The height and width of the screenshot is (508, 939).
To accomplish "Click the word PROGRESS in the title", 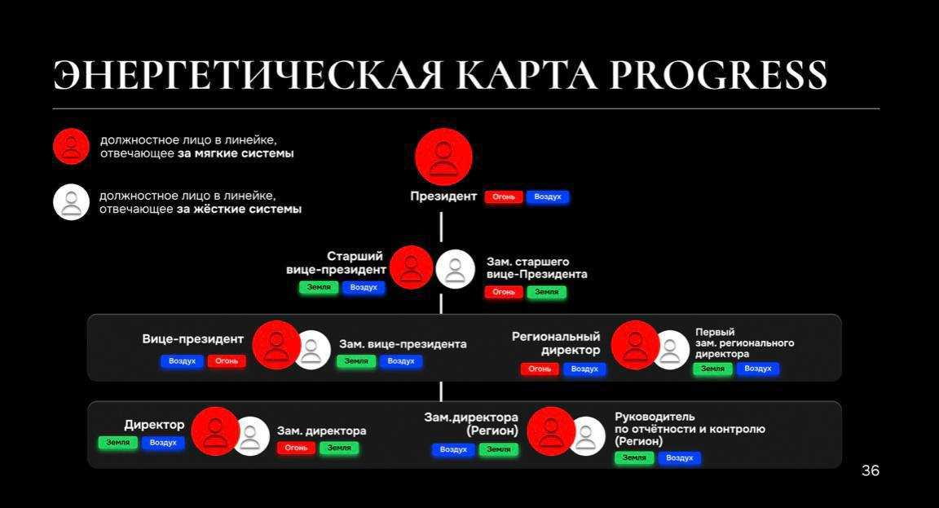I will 718,75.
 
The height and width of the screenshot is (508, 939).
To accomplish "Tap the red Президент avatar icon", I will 443,157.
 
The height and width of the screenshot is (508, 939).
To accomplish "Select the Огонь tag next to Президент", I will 504,197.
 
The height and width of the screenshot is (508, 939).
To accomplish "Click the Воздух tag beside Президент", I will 548,197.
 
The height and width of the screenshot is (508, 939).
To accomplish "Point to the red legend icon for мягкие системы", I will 71,147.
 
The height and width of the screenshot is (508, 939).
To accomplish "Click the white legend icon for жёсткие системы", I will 71,201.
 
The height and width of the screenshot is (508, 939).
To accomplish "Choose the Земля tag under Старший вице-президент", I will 319,288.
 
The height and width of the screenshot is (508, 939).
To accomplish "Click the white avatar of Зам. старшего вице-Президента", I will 455,268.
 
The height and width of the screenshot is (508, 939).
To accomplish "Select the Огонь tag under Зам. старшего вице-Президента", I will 504,292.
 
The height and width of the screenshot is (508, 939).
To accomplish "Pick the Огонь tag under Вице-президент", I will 227,360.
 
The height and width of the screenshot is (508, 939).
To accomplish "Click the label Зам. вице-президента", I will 403,344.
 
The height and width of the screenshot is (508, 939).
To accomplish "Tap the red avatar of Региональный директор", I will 635,345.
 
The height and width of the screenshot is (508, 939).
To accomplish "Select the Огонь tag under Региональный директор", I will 540,369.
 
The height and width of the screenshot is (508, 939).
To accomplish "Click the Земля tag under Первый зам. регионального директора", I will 713,369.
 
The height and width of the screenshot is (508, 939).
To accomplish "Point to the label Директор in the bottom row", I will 154,425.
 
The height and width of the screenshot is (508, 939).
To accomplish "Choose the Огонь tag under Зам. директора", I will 296,448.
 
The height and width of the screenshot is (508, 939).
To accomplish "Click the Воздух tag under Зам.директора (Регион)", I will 453,449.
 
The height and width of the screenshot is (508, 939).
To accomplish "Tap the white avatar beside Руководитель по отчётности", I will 587,435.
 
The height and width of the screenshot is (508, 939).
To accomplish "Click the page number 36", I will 871,470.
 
